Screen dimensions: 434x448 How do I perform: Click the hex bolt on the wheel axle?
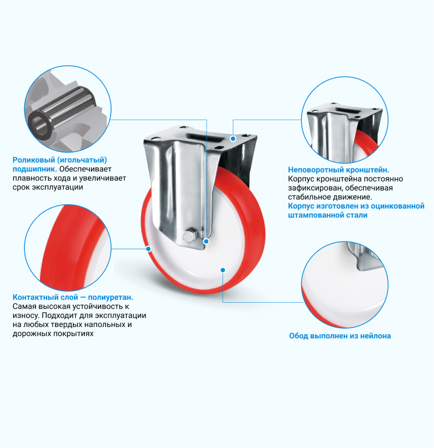point(190,236)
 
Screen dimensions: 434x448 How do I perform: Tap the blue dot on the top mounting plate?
point(233,139)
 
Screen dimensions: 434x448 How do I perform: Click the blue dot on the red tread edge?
point(149,249)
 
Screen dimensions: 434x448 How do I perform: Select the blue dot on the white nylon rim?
point(223,270)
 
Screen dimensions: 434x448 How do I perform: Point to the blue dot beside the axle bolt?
point(206,242)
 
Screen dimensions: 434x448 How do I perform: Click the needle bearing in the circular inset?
point(61,110)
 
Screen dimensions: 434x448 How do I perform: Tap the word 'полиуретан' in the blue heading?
point(110,297)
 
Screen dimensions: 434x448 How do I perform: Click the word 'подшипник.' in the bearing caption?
point(35,169)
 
